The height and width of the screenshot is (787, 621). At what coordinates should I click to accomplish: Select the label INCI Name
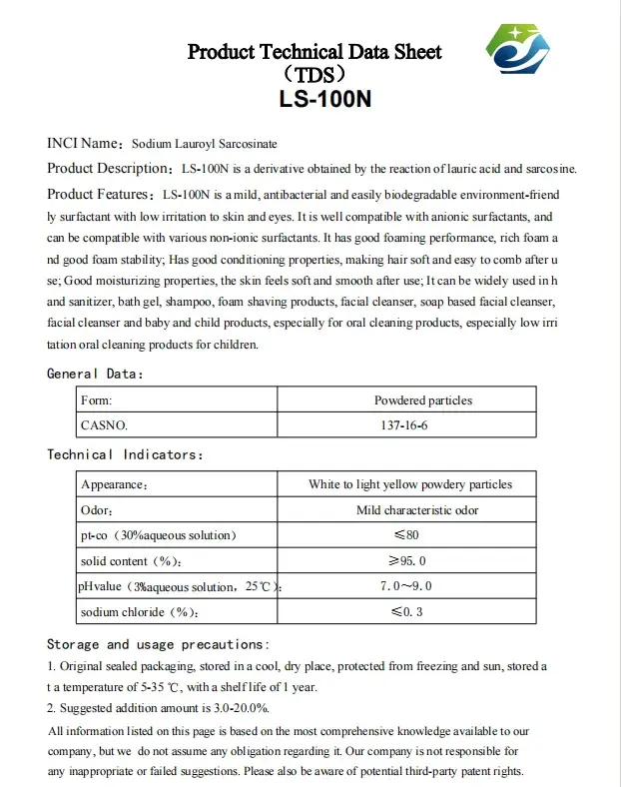tap(83, 144)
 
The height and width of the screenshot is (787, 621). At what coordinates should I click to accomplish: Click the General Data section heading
tap(96, 374)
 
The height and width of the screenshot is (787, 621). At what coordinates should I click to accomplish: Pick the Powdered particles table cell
tap(423, 400)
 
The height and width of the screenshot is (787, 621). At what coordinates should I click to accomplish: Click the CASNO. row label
tap(104, 424)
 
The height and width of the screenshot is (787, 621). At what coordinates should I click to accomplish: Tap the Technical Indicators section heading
tap(125, 454)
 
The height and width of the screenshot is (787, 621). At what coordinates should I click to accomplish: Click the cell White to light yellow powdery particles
tap(410, 484)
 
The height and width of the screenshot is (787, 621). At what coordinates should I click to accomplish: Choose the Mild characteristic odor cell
tap(417, 510)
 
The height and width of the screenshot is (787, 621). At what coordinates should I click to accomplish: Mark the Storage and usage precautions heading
tap(158, 644)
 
